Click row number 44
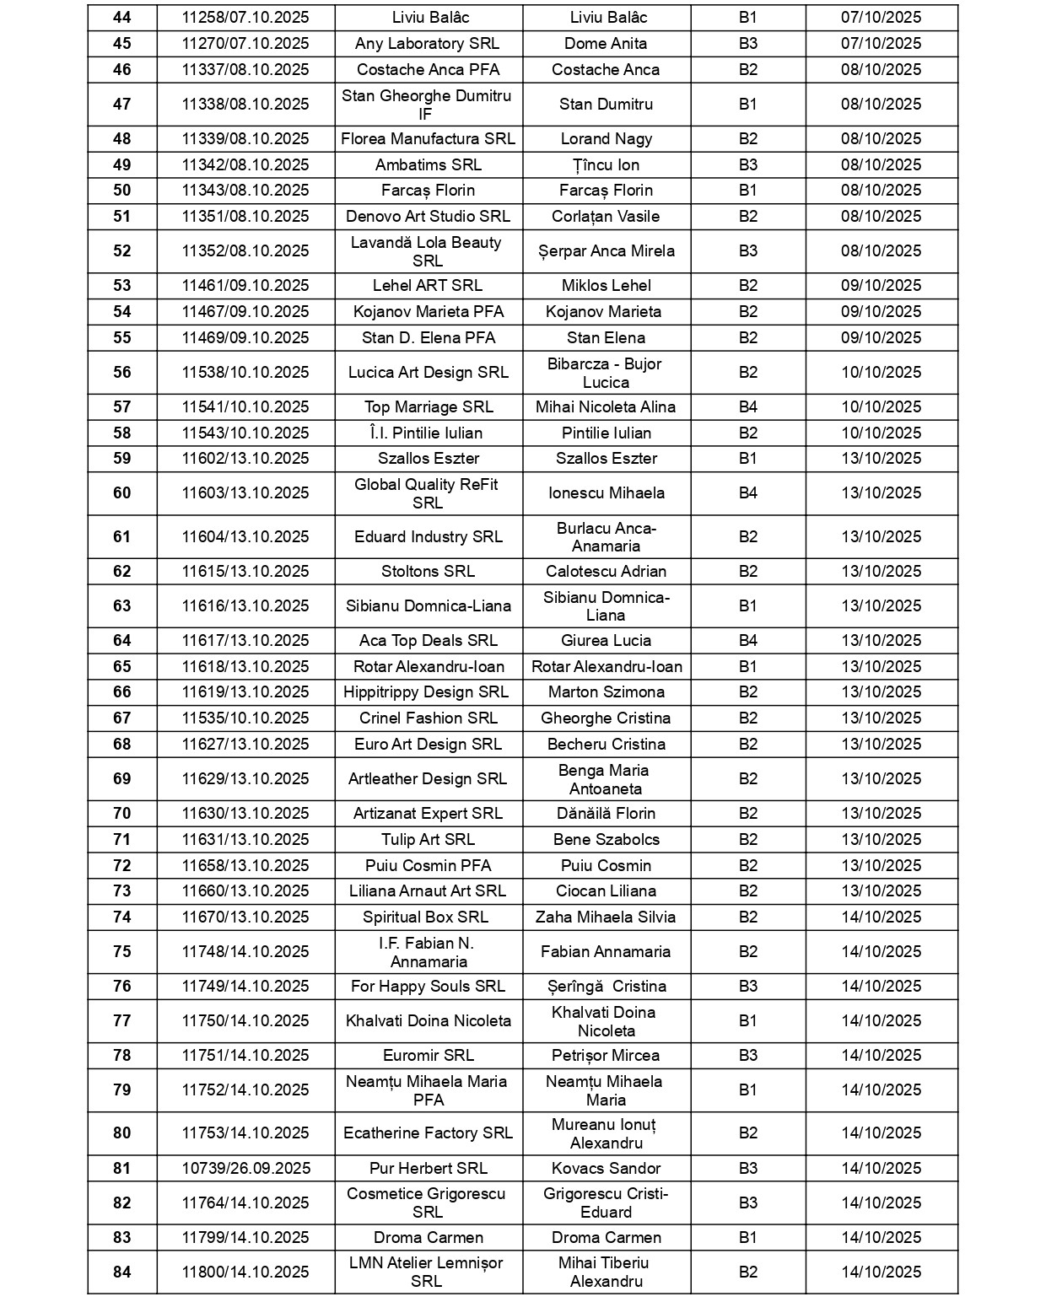tap(122, 18)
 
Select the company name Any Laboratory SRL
tap(427, 44)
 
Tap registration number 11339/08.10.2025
tap(245, 139)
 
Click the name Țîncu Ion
tap(606, 165)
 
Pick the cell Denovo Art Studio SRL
tap(428, 217)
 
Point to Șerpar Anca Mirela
tap(606, 251)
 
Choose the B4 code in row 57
tap(748, 407)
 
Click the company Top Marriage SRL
tap(428, 407)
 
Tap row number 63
tap(122, 606)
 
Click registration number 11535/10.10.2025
tap(245, 718)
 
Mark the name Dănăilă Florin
tap(606, 814)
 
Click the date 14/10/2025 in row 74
tap(881, 917)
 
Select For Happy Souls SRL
tap(428, 987)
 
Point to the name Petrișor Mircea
tap(606, 1056)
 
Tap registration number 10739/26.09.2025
tap(245, 1169)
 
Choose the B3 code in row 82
tap(748, 1203)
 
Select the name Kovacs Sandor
tap(606, 1169)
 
